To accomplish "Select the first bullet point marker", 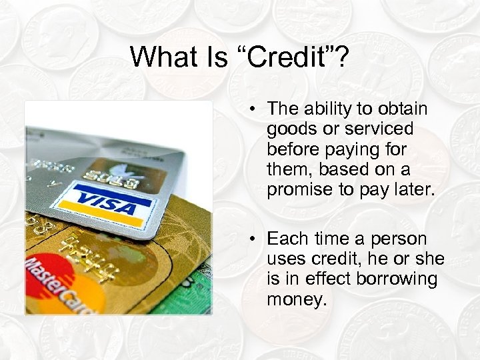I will click(254, 109).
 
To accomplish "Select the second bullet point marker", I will click(254, 239).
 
